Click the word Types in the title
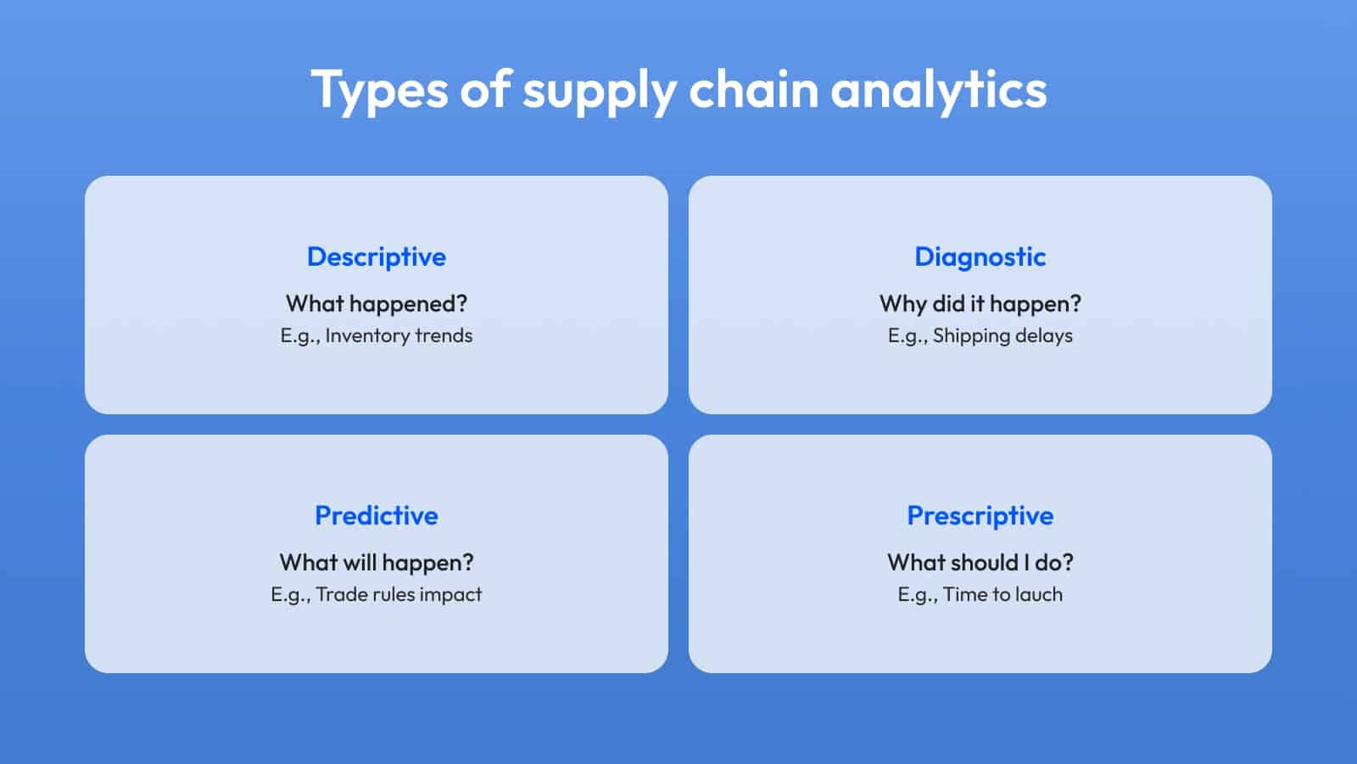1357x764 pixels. click(x=379, y=91)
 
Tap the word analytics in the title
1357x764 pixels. click(x=938, y=91)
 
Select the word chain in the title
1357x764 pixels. click(x=754, y=89)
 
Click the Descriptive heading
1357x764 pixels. click(x=377, y=257)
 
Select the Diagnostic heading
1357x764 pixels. click(x=980, y=257)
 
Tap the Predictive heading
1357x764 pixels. click(x=377, y=515)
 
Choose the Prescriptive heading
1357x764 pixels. click(x=980, y=516)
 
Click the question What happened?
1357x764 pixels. click(x=377, y=304)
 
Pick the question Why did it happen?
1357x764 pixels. click(x=980, y=304)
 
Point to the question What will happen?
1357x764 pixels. click(x=377, y=563)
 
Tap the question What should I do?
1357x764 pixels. click(x=980, y=563)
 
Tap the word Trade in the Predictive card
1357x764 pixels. click(x=341, y=594)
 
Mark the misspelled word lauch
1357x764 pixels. click(x=1039, y=594)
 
